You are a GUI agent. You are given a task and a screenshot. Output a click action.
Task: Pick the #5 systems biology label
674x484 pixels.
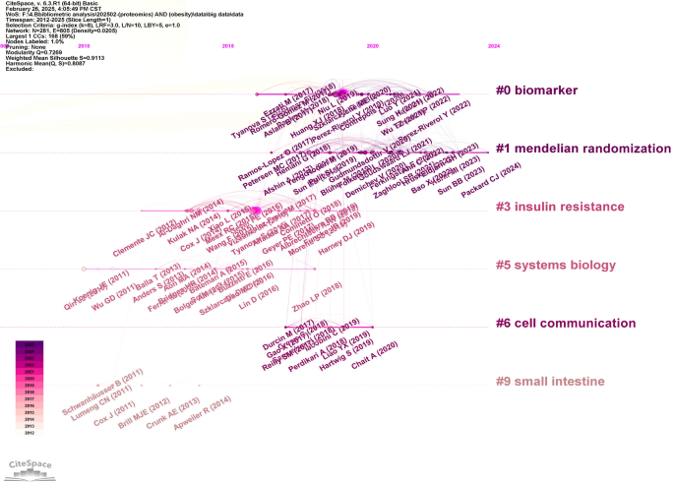[x=555, y=265]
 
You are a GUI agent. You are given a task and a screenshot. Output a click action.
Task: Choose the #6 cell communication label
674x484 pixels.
[x=564, y=323]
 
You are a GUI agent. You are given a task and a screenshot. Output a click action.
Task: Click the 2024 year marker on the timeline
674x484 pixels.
[x=493, y=45]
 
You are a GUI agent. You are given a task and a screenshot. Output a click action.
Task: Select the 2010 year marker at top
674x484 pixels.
[x=84, y=45]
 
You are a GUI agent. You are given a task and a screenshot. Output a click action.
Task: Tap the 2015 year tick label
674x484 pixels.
[x=228, y=45]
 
